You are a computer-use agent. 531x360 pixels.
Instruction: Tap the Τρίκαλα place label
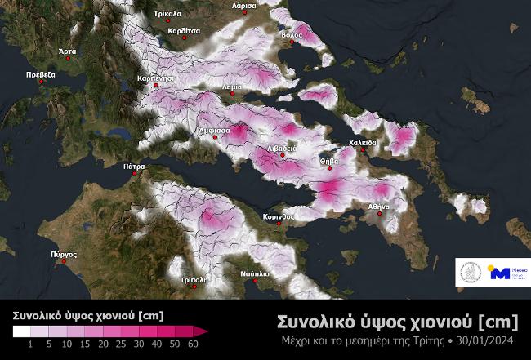(167, 14)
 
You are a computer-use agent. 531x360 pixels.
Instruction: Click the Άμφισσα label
(212, 130)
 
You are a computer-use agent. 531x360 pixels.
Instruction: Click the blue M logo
(499, 274)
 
